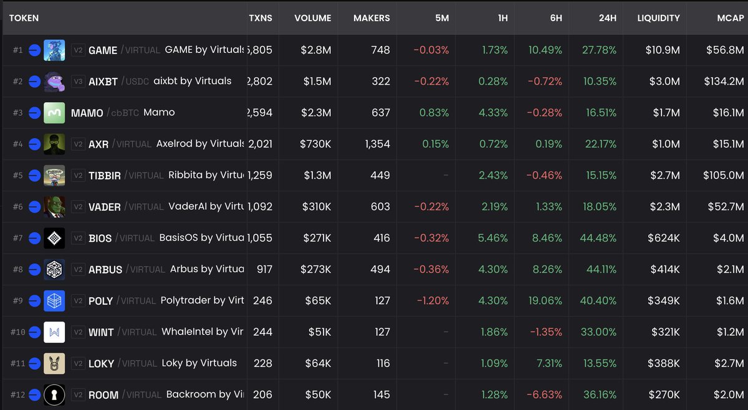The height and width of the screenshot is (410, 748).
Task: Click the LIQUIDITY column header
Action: (x=658, y=18)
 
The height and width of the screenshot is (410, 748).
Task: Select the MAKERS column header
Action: (x=372, y=18)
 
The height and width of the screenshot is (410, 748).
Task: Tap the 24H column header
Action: (x=607, y=18)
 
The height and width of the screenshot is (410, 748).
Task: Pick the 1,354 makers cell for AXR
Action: (x=377, y=144)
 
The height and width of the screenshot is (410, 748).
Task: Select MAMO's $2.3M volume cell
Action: (x=316, y=113)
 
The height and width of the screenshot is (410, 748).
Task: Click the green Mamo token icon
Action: (x=54, y=113)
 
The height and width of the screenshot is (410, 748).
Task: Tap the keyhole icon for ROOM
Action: (x=54, y=394)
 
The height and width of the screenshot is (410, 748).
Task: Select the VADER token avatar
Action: (x=54, y=206)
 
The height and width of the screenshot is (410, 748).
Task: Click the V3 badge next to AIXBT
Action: (x=78, y=81)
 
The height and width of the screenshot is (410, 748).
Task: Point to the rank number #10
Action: (x=17, y=332)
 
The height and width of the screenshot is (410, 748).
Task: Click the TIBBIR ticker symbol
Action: (x=104, y=176)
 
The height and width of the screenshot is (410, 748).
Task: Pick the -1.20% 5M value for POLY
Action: (x=433, y=300)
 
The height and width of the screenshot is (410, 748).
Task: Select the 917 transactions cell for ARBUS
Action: (x=264, y=269)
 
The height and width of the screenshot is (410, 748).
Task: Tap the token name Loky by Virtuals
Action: (x=199, y=363)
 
